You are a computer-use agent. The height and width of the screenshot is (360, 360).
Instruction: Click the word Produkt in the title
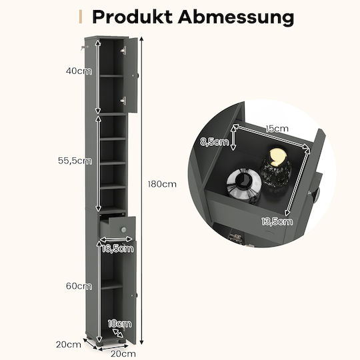tap(132, 17)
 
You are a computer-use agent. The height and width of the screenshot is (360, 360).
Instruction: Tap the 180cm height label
tap(162, 184)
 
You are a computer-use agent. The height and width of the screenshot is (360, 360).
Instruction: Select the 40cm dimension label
tap(79, 71)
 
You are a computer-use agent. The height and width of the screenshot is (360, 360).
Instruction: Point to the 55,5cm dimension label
tap(75, 161)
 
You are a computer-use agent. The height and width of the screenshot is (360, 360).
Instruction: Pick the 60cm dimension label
tap(79, 286)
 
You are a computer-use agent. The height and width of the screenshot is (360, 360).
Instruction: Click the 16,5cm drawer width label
tap(117, 249)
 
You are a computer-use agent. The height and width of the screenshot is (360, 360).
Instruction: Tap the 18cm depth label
tap(119, 324)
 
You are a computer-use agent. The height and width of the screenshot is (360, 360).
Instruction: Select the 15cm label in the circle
tap(277, 129)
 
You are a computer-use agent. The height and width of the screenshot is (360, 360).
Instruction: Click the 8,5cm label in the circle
tap(215, 142)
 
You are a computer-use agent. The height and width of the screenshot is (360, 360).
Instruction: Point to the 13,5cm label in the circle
tap(277, 221)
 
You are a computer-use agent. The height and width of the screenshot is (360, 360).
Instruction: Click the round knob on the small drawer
tap(123, 229)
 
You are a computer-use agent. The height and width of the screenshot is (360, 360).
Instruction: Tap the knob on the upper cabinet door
tap(137, 75)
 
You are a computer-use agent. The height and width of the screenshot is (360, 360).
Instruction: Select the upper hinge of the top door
tap(124, 50)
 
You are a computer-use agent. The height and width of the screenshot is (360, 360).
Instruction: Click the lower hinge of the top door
tap(123, 101)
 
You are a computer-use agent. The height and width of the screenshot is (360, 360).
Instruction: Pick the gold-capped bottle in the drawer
tap(277, 167)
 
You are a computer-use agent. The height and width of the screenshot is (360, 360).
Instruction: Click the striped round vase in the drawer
tap(244, 184)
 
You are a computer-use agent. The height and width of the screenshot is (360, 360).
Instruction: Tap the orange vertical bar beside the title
tap(81, 17)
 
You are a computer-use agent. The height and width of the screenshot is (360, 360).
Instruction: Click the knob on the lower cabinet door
tap(136, 295)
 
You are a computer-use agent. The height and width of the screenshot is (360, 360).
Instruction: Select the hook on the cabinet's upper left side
tap(83, 48)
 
